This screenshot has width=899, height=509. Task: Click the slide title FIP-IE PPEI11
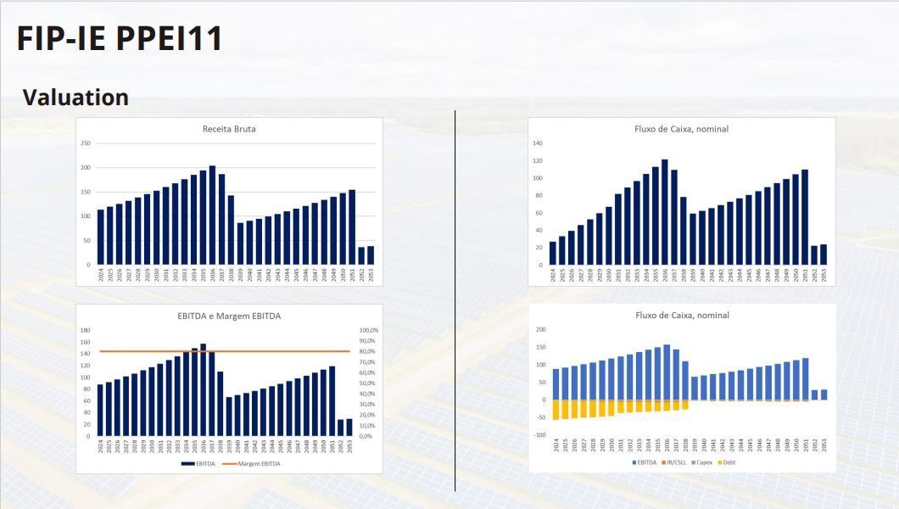pyautogui.click(x=120, y=39)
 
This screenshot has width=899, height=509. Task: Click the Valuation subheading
pyautogui.click(x=75, y=98)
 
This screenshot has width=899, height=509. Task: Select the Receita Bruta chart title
pyautogui.click(x=229, y=129)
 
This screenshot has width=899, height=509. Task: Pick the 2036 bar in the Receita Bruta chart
pyautogui.click(x=212, y=215)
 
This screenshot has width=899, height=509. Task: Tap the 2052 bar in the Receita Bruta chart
pyautogui.click(x=361, y=255)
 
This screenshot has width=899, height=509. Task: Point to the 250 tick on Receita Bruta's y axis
pyautogui.click(x=86, y=143)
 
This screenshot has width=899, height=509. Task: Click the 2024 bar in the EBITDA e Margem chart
pyautogui.click(x=100, y=411)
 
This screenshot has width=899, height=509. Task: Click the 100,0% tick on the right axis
pyautogui.click(x=369, y=330)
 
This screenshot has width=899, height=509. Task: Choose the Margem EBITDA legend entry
pyautogui.click(x=255, y=463)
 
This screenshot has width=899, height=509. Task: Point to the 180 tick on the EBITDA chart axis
pyautogui.click(x=85, y=330)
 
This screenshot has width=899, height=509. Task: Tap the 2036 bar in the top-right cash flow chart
pyautogui.click(x=664, y=212)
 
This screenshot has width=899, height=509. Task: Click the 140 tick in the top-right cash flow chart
pyautogui.click(x=538, y=143)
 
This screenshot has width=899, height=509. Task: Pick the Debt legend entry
pyautogui.click(x=729, y=462)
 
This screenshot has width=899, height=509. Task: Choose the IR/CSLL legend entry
pyautogui.click(x=675, y=462)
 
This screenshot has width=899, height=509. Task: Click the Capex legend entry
pyautogui.click(x=703, y=462)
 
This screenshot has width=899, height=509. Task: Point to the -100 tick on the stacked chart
pyautogui.click(x=539, y=435)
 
